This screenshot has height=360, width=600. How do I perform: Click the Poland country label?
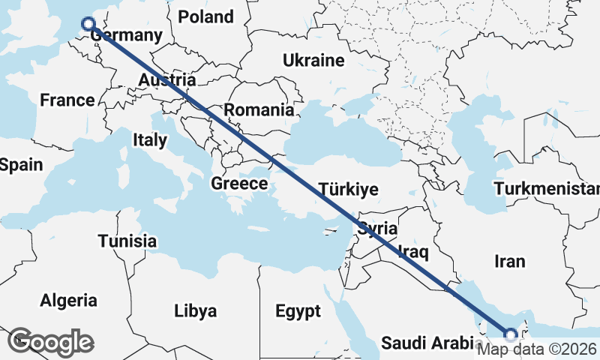click(206, 16)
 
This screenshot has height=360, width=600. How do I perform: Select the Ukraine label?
click(313, 61)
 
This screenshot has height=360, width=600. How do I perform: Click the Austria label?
click(168, 80)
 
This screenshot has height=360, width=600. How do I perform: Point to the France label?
click(67, 100)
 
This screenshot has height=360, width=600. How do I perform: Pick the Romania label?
click(259, 110)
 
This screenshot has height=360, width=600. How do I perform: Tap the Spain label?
click(21, 165)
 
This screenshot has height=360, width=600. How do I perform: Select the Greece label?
click(239, 184)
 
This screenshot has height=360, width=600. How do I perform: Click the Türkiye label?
click(349, 189)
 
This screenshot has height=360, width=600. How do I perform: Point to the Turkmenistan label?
click(547, 187)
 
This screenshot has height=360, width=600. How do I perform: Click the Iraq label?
click(413, 250)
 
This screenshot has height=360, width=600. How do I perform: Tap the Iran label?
click(510, 262)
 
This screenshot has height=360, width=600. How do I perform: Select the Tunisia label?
click(127, 241)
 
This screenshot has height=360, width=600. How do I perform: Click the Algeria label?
click(69, 301)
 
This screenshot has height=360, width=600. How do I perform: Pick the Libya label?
click(195, 310)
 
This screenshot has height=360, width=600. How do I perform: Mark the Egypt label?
click(298, 311)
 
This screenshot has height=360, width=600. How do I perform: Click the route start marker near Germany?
click(88, 24)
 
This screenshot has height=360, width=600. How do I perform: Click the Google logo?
click(50, 341)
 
